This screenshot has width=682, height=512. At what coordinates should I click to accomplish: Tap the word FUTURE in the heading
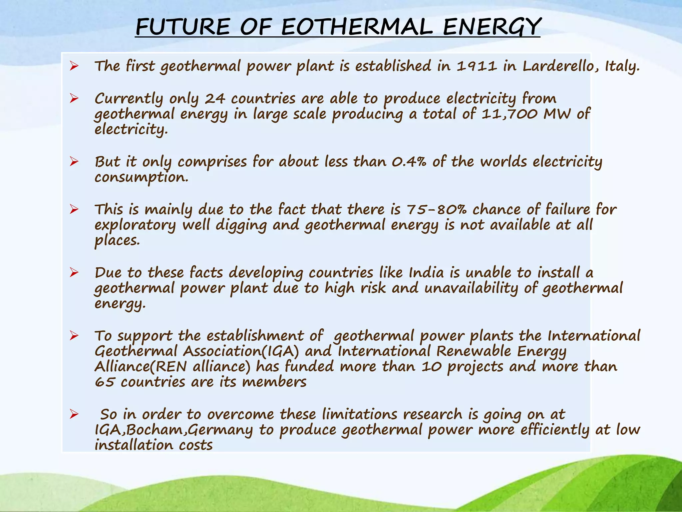[x=183, y=27]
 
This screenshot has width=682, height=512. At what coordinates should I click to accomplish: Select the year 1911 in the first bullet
[x=477, y=66]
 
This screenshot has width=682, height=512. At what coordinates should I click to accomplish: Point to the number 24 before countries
[x=215, y=99]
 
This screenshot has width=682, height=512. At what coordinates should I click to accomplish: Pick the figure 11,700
[x=510, y=114]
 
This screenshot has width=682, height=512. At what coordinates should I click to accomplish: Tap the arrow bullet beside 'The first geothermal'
[x=74, y=66]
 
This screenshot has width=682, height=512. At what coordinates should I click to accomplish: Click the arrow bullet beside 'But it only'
[x=74, y=162]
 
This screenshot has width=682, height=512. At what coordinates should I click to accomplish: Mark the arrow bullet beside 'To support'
[x=74, y=336]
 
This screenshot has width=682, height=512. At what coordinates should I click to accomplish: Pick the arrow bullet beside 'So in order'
[x=74, y=414]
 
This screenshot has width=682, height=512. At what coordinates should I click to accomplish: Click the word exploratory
[x=135, y=225]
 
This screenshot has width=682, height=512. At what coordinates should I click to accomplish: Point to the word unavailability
[x=471, y=288]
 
